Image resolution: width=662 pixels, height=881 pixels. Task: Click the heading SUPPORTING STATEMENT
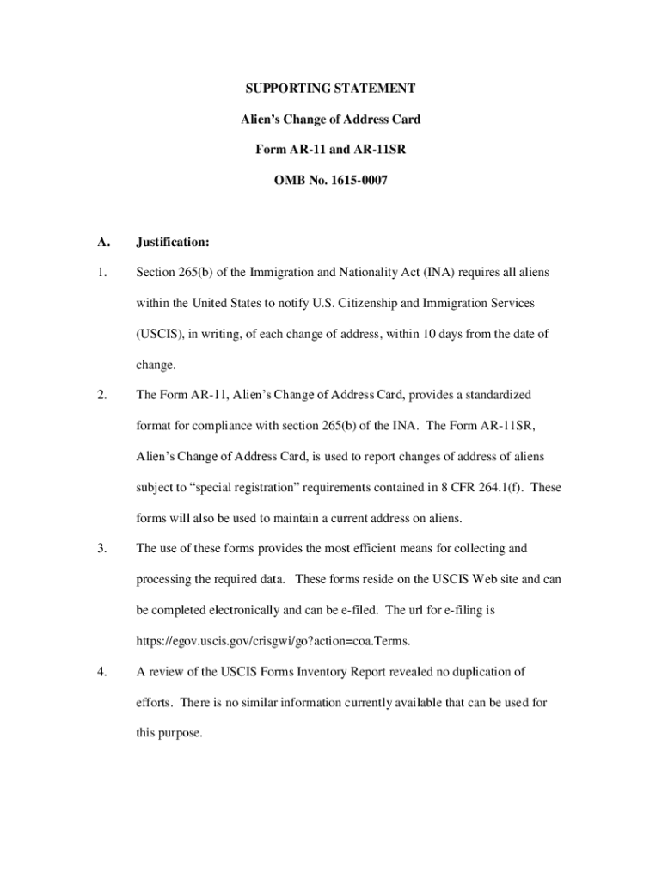[x=330, y=89]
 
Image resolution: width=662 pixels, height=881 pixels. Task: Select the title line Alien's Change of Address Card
[x=330, y=119]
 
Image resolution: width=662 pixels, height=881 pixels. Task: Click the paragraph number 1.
[x=101, y=273]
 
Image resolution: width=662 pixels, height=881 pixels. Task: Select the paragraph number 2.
[x=101, y=395]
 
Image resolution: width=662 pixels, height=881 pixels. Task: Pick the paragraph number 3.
[x=101, y=548]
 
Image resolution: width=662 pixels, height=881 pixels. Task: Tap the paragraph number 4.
[x=101, y=671]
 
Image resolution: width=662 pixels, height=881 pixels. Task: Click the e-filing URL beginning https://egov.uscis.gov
[x=273, y=640]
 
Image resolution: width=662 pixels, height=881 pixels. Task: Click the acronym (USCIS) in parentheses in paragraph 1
[x=160, y=334]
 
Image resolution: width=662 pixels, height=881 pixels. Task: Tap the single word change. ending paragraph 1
[x=156, y=365]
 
